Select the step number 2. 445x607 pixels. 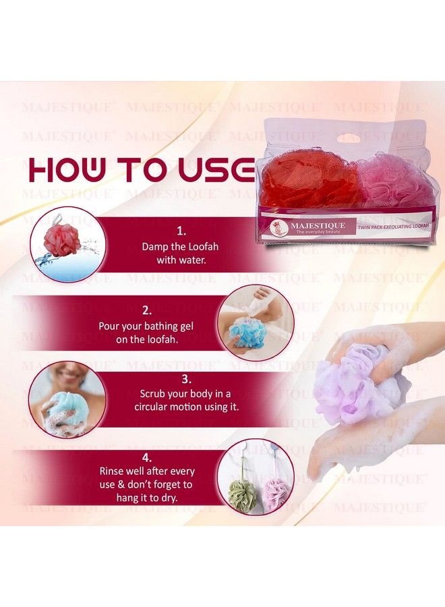pyautogui.click(x=146, y=311)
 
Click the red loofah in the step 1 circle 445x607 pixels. pyautogui.click(x=62, y=240)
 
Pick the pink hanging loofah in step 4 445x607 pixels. pyautogui.click(x=277, y=494)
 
